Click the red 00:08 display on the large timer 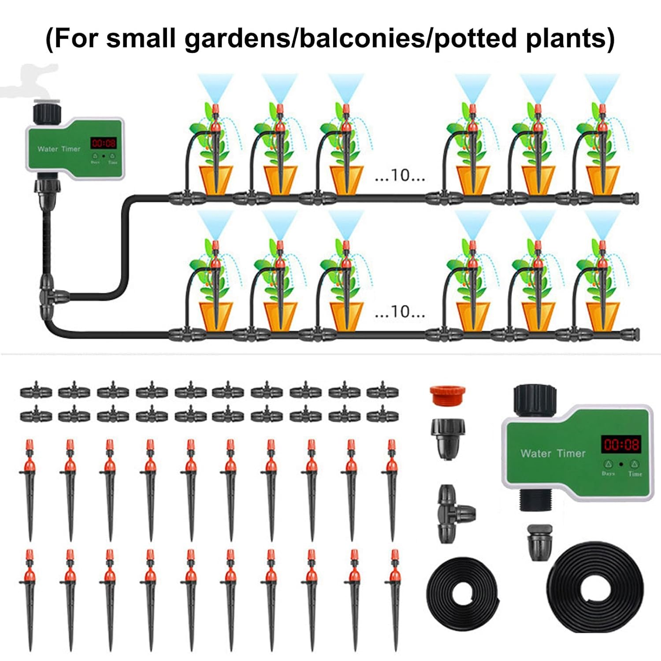click(621, 444)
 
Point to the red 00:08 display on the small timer click(104, 143)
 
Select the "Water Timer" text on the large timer click(553, 453)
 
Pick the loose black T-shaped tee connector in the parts click(454, 513)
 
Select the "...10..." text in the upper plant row click(399, 176)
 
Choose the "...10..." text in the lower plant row click(399, 312)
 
